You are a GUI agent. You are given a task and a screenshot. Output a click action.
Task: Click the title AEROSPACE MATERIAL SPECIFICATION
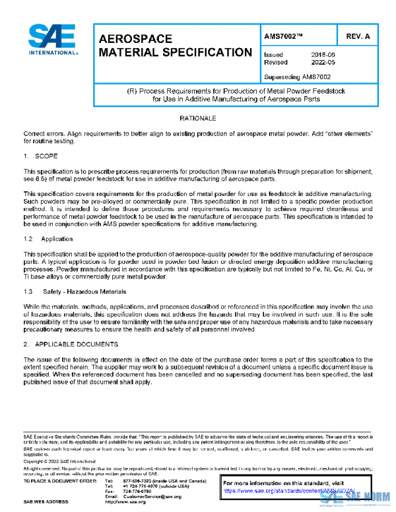coord(175,46)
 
